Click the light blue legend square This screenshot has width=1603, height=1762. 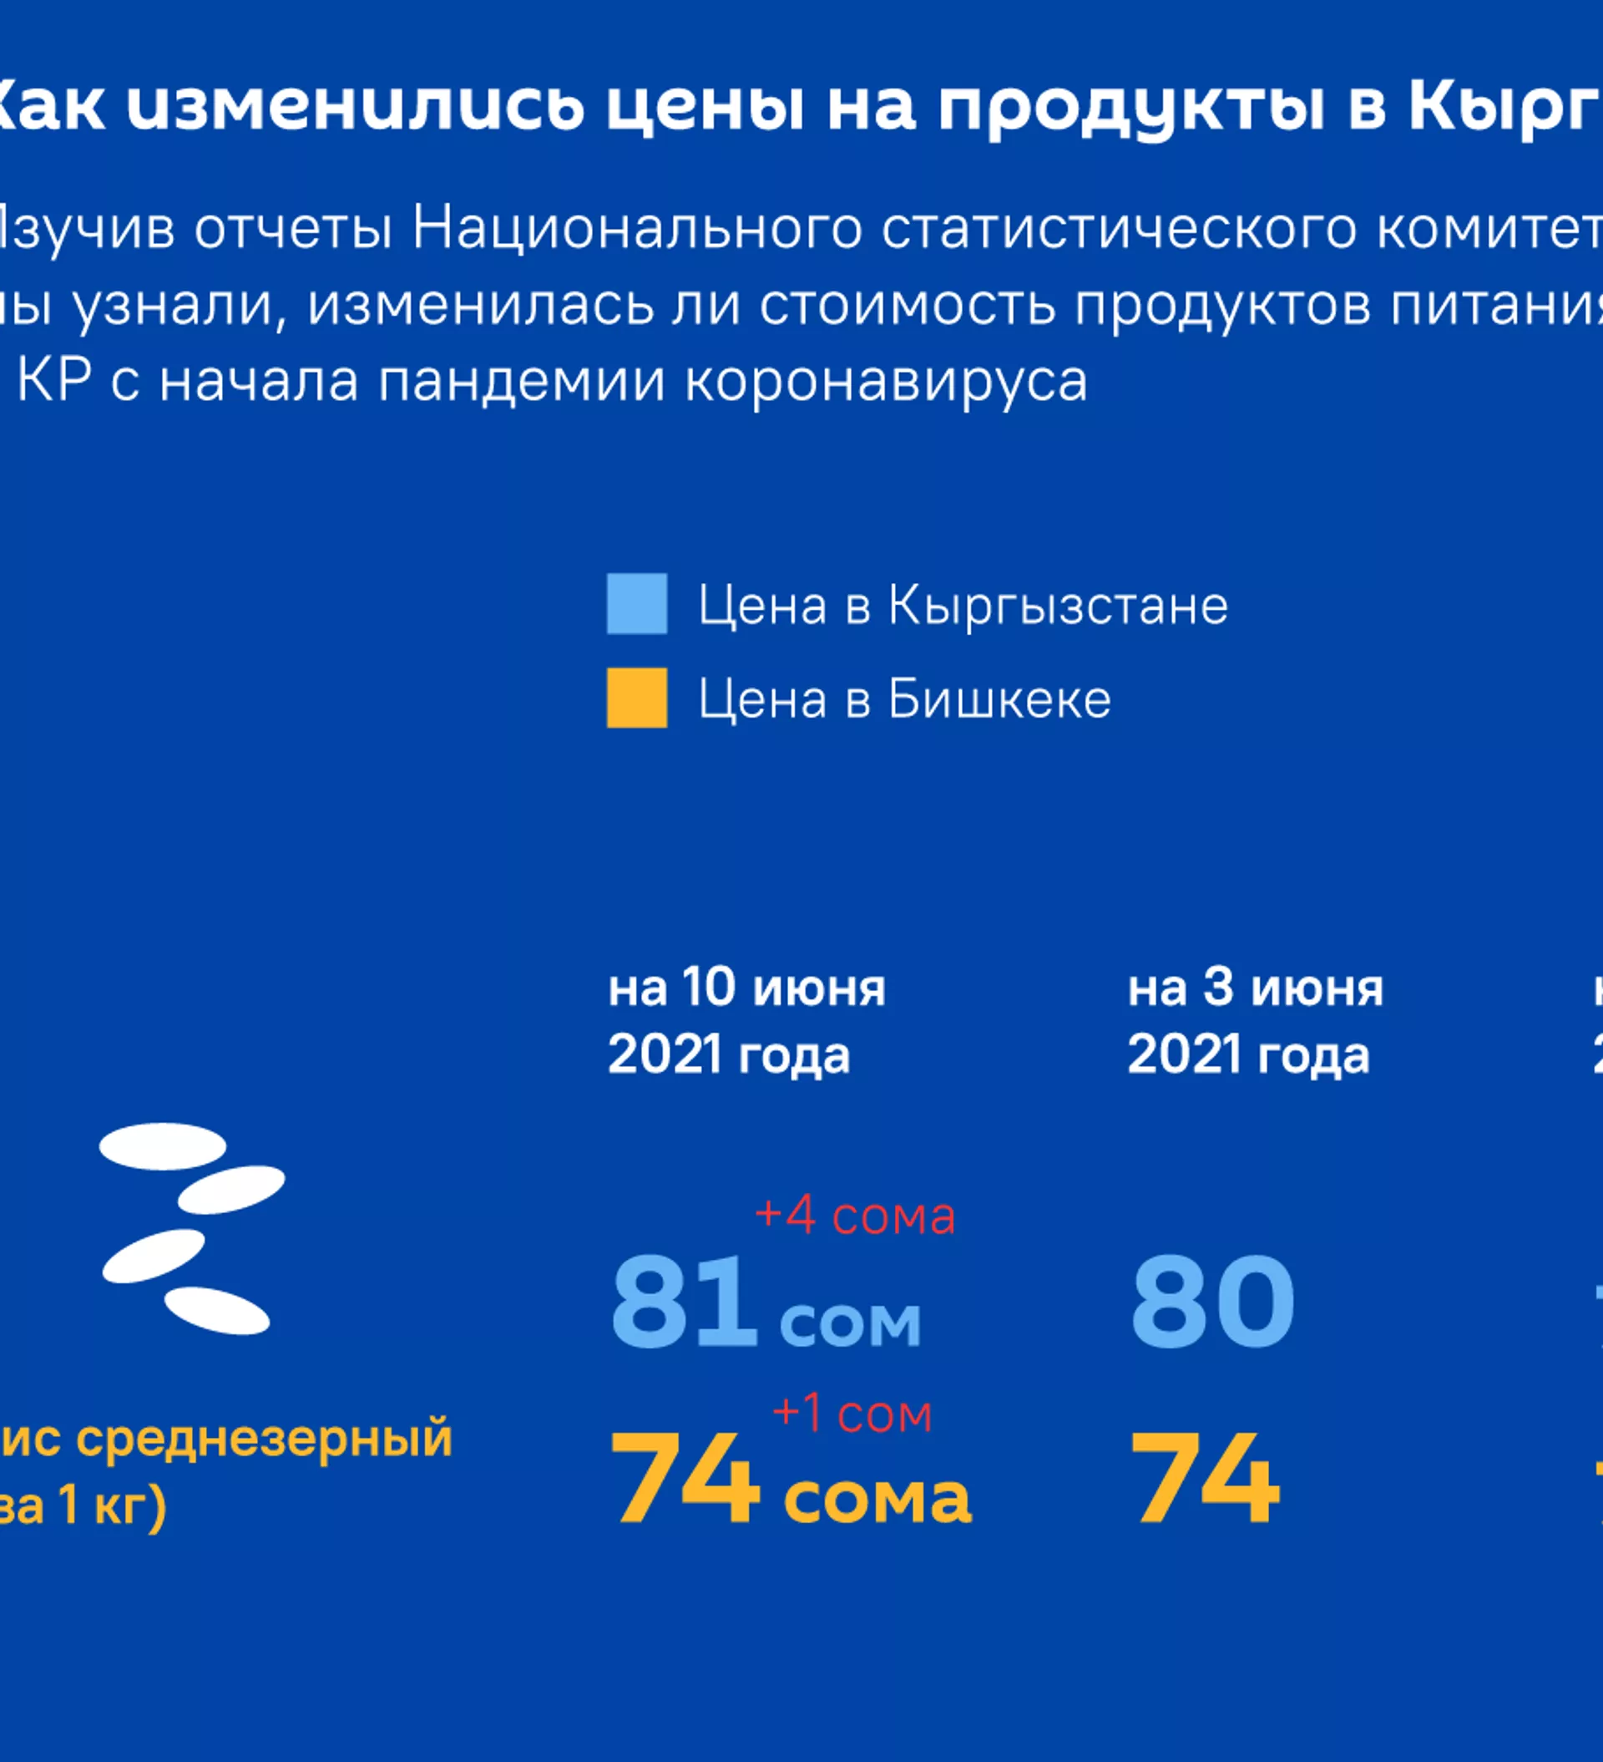[x=637, y=603]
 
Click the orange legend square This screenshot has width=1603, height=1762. [x=637, y=698]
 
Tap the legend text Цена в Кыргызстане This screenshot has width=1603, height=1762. [x=963, y=605]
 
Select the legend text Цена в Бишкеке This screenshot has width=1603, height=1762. [x=904, y=699]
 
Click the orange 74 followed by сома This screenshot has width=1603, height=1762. [x=684, y=1480]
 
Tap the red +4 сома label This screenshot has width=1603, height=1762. [x=854, y=1216]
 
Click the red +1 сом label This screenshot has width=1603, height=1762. [x=852, y=1414]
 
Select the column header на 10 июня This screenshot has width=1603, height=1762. [x=747, y=988]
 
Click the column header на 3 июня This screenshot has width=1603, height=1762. [x=1256, y=988]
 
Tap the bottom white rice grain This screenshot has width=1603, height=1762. [x=216, y=1311]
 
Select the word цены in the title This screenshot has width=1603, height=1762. [x=705, y=107]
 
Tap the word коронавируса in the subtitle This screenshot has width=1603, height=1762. [x=886, y=382]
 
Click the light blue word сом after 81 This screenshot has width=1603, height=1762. [x=850, y=1323]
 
